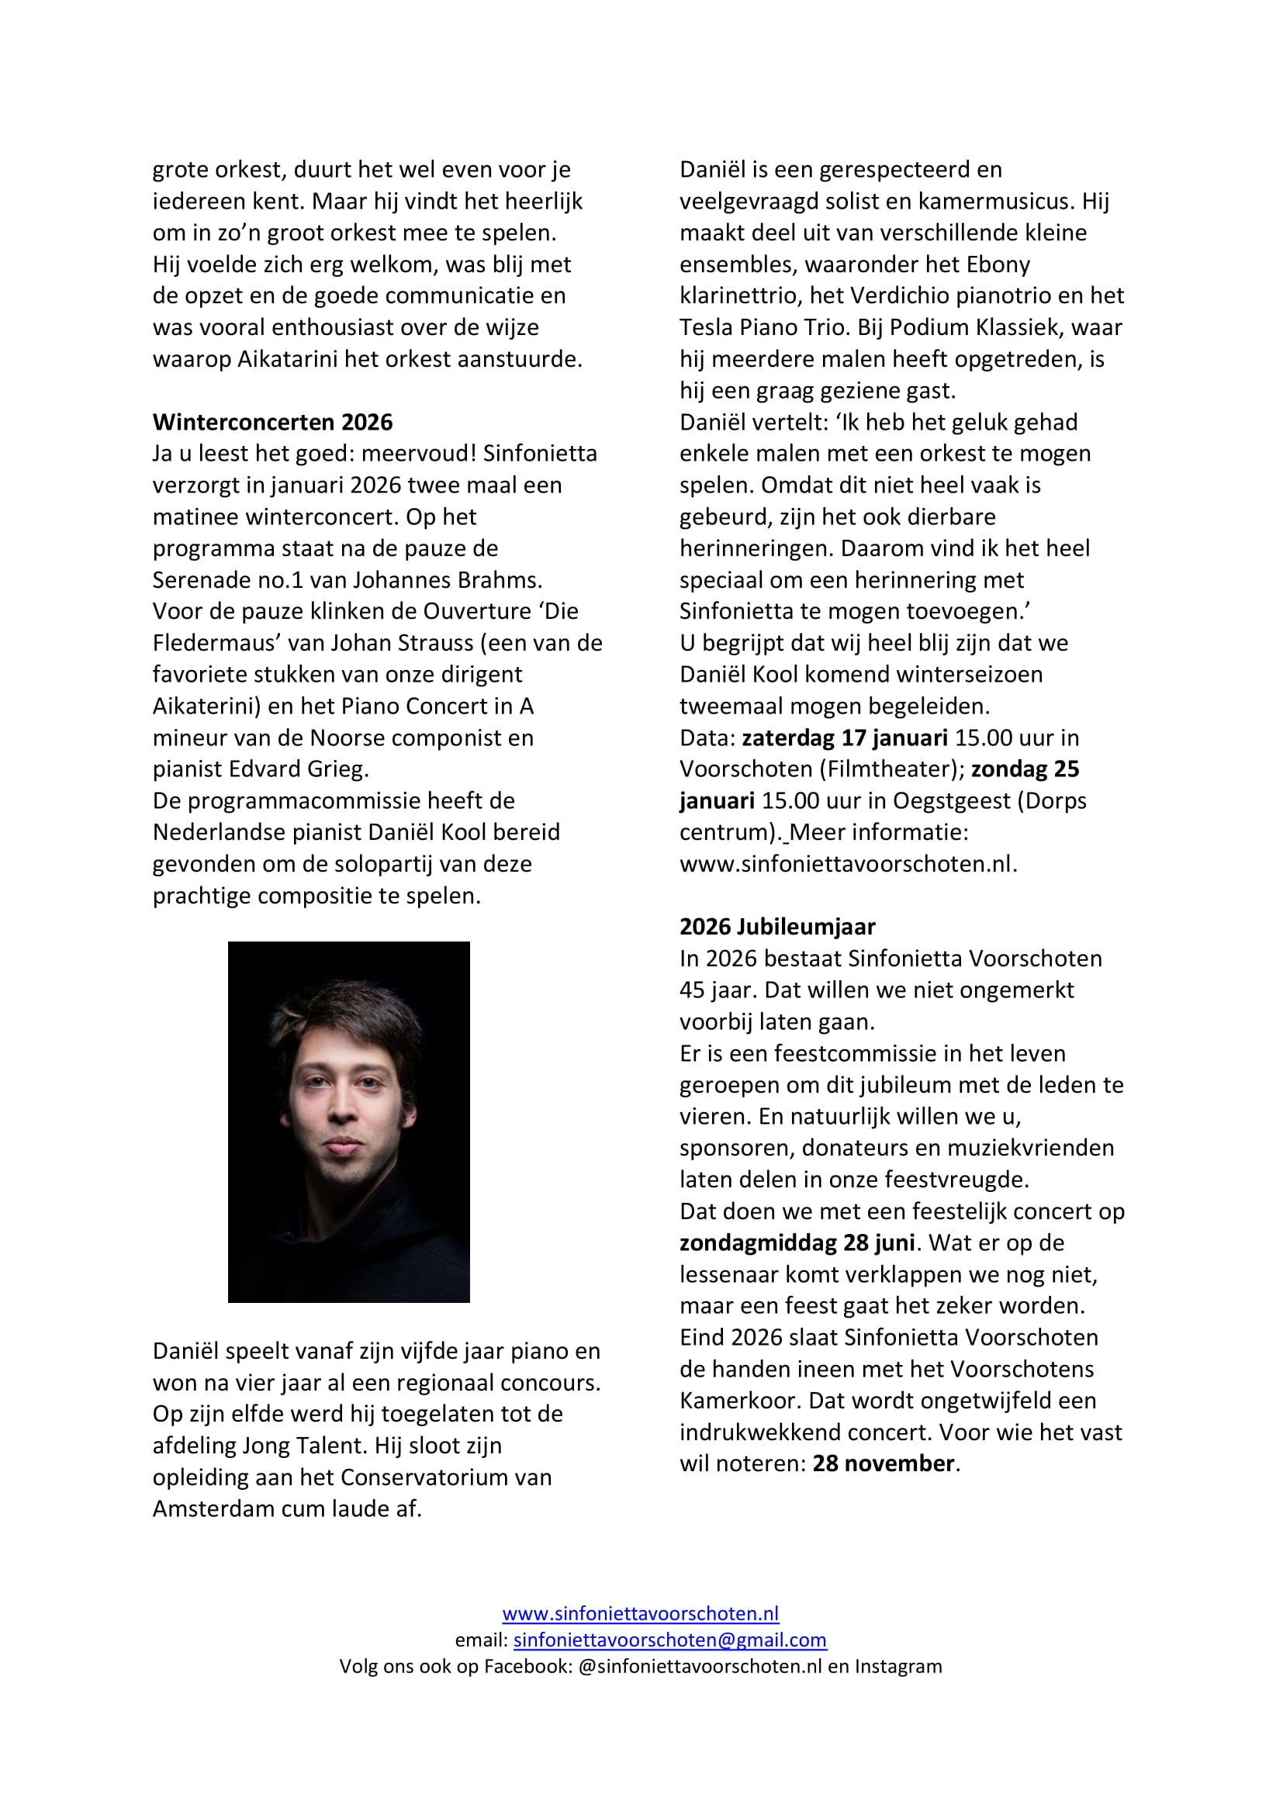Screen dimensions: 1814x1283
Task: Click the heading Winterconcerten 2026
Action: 272,422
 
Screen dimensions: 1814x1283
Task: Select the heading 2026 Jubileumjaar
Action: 777,926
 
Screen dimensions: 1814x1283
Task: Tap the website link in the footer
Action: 641,1613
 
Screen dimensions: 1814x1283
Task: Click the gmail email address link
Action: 670,1640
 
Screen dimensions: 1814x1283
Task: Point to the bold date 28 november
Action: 884,1463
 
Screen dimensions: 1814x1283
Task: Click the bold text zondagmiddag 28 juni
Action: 797,1242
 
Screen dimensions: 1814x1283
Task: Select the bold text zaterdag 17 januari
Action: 845,737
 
